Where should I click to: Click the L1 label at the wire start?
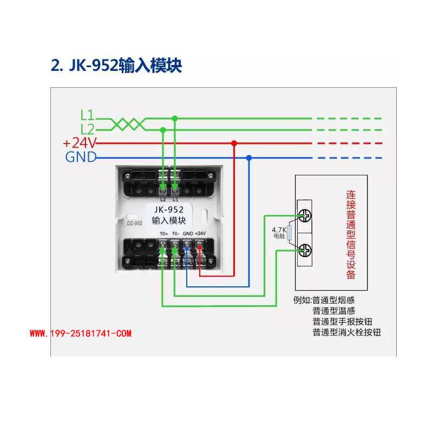click(x=87, y=115)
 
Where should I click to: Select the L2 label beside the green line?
click(x=87, y=129)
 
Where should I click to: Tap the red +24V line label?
click(x=80, y=143)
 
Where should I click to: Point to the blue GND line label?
click(x=81, y=158)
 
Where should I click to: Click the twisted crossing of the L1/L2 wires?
click(x=128, y=124)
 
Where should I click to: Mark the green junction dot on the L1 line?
click(x=174, y=118)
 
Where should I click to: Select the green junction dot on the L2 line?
click(x=163, y=130)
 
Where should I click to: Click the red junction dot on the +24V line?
click(x=234, y=143)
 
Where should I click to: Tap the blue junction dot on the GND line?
click(x=249, y=158)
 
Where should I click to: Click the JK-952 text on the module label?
click(x=168, y=210)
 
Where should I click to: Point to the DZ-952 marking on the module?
click(x=134, y=222)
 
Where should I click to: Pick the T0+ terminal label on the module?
click(x=163, y=233)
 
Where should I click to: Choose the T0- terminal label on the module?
click(x=175, y=233)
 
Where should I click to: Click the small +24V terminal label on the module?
click(x=200, y=233)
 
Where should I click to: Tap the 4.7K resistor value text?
click(x=278, y=229)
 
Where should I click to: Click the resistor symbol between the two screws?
click(x=290, y=233)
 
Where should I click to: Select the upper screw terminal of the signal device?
click(x=305, y=215)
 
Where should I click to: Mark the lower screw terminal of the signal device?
click(x=305, y=250)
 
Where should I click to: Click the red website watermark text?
click(x=80, y=334)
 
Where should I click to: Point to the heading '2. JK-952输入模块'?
click(x=116, y=65)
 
